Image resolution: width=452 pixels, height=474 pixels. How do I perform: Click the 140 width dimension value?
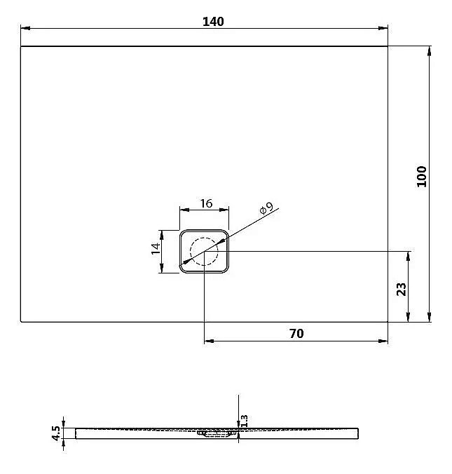(x=213, y=22)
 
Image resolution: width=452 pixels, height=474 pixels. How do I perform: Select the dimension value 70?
(x=296, y=333)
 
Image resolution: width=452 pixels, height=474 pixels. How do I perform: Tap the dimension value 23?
(x=402, y=289)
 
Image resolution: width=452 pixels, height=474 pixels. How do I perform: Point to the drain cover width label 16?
(x=205, y=203)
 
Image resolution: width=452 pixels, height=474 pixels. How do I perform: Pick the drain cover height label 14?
(x=157, y=250)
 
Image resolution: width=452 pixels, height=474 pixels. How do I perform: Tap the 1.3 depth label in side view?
(x=244, y=420)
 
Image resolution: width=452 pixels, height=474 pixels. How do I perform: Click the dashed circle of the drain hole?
(x=205, y=250)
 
